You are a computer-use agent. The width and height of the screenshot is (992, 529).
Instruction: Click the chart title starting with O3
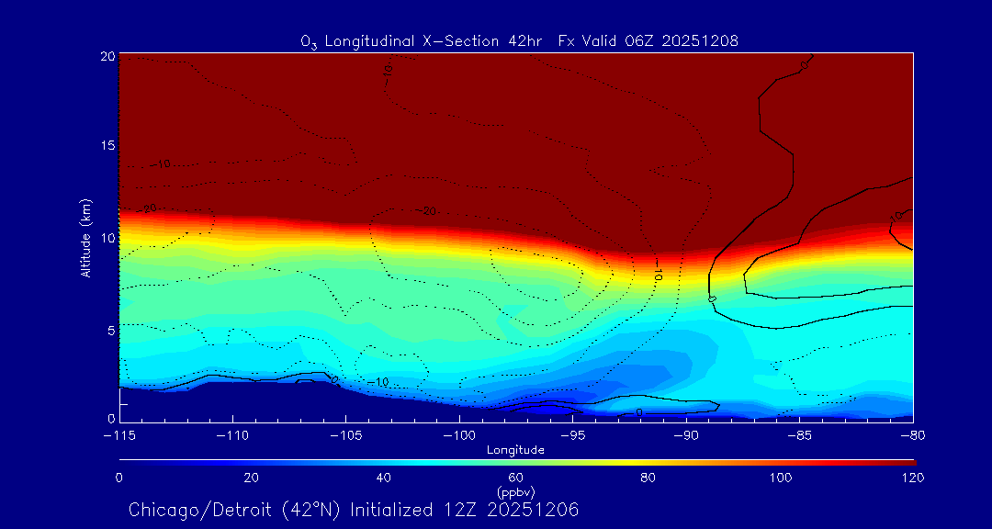(x=519, y=40)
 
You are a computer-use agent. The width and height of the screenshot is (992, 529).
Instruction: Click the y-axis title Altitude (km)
(x=85, y=238)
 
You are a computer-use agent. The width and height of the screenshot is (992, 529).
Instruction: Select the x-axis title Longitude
(x=515, y=450)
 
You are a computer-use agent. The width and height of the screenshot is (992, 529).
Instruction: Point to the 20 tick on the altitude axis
(x=108, y=56)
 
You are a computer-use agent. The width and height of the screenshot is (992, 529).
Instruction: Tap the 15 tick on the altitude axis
(x=108, y=147)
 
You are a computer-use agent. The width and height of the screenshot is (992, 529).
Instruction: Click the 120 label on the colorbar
(x=913, y=478)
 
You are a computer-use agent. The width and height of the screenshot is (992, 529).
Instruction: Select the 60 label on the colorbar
(x=515, y=478)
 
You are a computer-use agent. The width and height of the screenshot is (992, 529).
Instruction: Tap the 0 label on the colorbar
(x=118, y=478)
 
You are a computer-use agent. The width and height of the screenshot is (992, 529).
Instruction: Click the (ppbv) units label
(x=515, y=491)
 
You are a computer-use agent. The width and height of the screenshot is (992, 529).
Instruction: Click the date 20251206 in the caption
(x=536, y=510)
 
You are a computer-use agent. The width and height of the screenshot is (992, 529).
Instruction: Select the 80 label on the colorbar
(x=648, y=478)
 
